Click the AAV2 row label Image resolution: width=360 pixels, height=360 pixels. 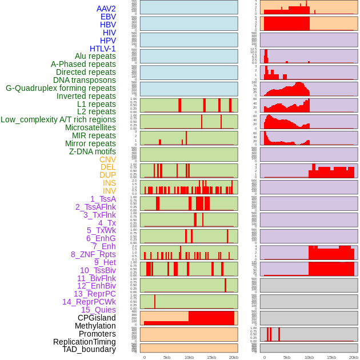pos(106,9)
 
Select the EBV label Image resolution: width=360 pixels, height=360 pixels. pos(108,17)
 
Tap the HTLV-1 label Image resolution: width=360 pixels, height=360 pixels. pos(103,49)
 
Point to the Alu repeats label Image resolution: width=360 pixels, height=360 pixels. pos(95,56)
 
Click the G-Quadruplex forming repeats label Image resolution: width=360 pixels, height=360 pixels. pos(61,88)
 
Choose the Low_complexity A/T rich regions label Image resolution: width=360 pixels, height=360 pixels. pos(58,119)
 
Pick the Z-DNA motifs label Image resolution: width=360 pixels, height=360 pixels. pos(93,151)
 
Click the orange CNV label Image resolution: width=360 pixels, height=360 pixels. pos(107,159)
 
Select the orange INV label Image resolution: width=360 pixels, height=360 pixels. pos(109,191)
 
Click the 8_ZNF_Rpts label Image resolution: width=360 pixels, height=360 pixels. pos(93,254)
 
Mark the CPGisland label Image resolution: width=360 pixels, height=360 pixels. pos(97,318)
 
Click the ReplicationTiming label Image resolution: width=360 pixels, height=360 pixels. pos(85,342)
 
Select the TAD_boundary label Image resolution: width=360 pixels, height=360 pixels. pos(89,349)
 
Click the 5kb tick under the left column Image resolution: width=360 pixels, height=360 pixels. pos(167,357)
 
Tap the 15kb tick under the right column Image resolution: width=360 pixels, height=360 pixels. pos(331,357)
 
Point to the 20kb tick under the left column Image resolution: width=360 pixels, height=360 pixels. pos(234,357)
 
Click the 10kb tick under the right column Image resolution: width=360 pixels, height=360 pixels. pos(309,357)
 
